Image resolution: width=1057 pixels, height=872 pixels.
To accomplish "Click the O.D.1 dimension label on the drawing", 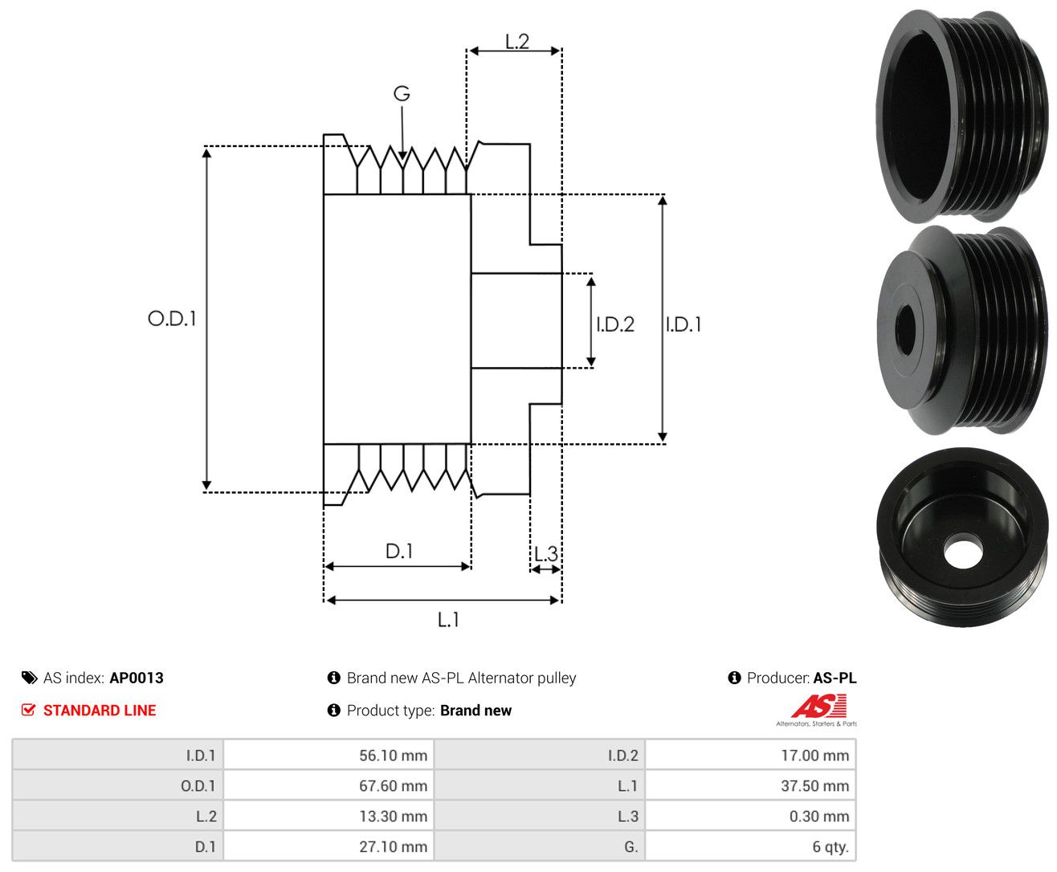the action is coord(172,318).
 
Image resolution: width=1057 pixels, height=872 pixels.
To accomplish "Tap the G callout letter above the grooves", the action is coord(402,93).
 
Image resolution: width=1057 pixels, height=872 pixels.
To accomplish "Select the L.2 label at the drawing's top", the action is coord(517,42).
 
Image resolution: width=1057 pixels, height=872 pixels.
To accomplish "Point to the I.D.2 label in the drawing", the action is coord(615,324).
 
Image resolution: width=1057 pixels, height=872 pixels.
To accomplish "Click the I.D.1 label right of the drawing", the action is coord(684,324).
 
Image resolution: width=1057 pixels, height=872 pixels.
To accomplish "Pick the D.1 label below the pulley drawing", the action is coord(399,551).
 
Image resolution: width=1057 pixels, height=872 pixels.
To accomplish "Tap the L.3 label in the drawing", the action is coord(546,554).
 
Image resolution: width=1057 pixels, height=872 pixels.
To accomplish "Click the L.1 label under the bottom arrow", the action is coord(448,619).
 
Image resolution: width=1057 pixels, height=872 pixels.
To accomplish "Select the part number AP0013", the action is coord(137,678).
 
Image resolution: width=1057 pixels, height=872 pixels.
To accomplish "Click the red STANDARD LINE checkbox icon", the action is coord(28,710).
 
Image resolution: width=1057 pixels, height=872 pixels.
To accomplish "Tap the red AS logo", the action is coord(818,706).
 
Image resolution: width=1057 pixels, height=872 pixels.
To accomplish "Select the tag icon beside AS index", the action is coord(30,678).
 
